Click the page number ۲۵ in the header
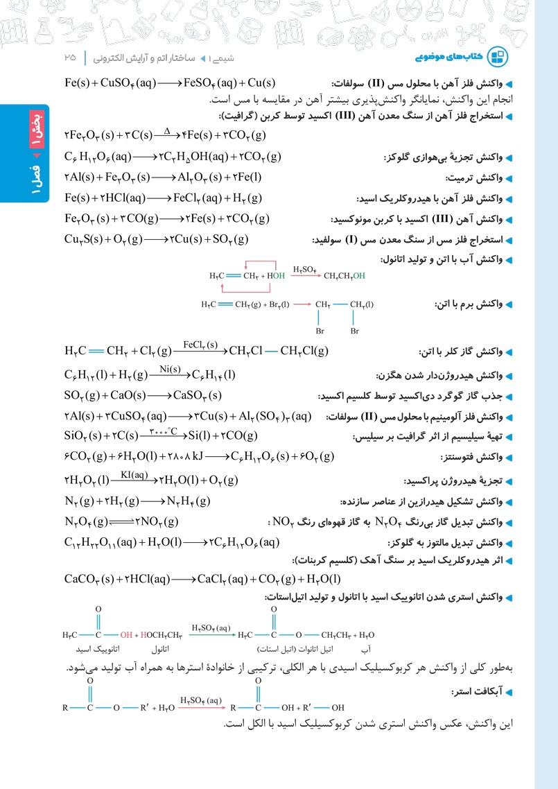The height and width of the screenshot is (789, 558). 70,55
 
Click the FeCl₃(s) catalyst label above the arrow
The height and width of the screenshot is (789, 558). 200,344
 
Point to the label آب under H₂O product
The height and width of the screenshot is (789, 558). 367,650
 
